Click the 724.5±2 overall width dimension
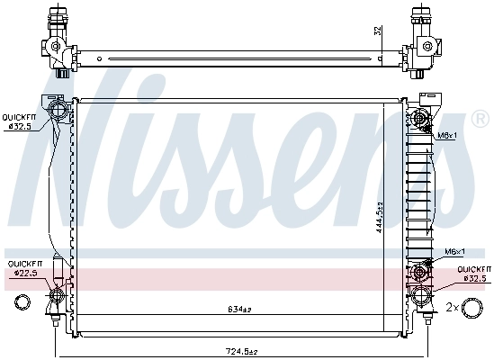[x=240, y=351]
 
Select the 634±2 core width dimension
[x=240, y=311]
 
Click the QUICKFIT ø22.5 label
[x=24, y=269]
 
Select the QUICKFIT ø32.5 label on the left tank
[x=18, y=121]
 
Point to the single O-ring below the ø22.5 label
[x=14, y=301]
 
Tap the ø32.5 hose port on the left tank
[x=58, y=112]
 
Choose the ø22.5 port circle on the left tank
[x=58, y=294]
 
